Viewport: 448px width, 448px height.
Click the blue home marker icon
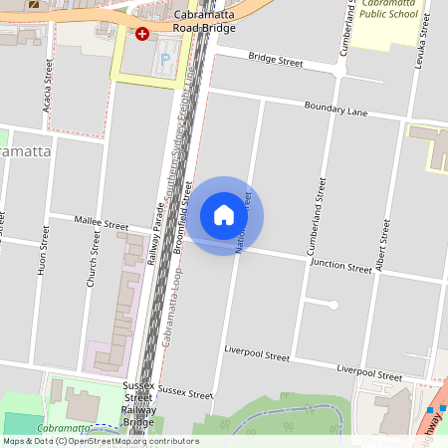[224, 214]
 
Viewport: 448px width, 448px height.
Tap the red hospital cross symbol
[142, 34]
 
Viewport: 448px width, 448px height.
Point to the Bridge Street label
[275, 62]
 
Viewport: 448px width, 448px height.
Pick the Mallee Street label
[103, 226]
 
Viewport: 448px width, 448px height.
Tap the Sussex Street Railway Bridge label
[139, 403]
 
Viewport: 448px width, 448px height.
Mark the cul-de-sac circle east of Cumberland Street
[334, 305]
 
